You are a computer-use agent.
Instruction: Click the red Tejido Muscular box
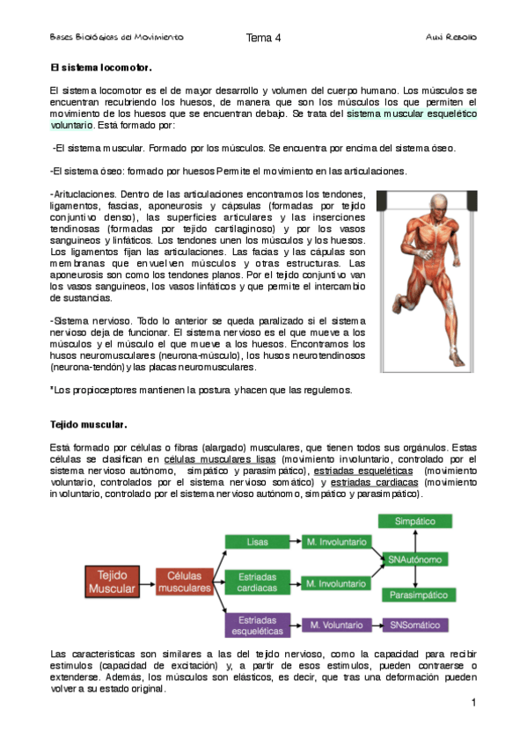point(111,581)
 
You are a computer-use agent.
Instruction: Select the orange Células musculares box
point(184,581)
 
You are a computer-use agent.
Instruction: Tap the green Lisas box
point(257,542)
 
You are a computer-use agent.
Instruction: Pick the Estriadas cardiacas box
point(257,581)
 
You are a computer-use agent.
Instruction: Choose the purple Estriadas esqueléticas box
point(257,625)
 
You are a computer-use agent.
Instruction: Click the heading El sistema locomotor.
point(101,68)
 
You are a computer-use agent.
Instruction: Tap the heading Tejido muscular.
point(89,425)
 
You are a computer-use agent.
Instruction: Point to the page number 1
point(472,703)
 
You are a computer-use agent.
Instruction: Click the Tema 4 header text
point(263,38)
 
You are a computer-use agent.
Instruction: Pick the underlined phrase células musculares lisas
point(220,459)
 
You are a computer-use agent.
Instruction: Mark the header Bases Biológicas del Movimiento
point(116,39)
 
